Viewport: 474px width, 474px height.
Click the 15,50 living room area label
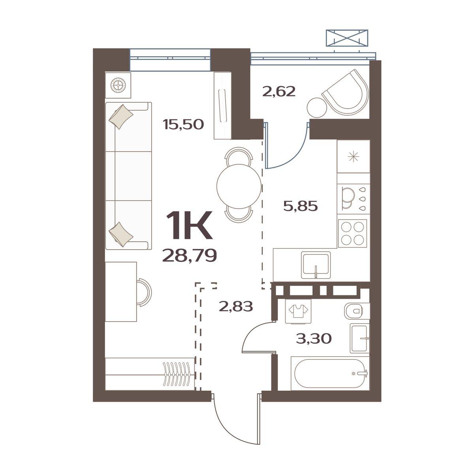(183, 124)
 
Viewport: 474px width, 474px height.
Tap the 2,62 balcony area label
(279, 92)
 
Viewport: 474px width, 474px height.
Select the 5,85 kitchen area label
(300, 206)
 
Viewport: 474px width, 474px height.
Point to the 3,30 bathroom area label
(314, 339)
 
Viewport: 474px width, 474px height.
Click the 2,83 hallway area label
(236, 307)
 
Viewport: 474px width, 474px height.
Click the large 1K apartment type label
(189, 225)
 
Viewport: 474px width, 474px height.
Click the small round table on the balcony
(317, 107)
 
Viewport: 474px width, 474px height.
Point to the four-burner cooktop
(352, 233)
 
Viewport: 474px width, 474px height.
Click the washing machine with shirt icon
(298, 311)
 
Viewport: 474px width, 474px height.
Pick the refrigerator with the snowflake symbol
(354, 156)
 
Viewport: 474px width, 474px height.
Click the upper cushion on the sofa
(121, 117)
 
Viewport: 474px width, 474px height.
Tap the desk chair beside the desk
(144, 292)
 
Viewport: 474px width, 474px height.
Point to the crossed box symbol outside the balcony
(347, 38)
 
